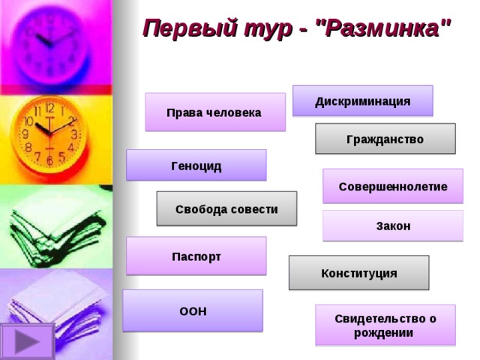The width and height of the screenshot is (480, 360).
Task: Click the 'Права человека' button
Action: (214, 112)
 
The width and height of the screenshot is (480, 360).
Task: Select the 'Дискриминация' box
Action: (362, 101)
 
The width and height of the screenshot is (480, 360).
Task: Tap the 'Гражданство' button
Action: (385, 139)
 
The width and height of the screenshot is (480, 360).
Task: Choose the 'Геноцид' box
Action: (196, 166)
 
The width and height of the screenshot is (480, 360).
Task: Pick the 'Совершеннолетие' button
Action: (392, 186)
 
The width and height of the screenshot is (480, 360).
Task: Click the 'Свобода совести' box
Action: (226, 209)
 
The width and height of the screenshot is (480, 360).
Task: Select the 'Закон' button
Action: (392, 226)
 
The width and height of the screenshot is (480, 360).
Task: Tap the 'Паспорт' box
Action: (196, 256)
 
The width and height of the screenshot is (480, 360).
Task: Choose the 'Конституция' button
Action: (358, 273)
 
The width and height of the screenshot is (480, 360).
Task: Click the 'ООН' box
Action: (193, 310)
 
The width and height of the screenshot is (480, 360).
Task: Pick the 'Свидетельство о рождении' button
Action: (385, 325)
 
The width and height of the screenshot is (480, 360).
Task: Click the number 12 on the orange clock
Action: (49, 109)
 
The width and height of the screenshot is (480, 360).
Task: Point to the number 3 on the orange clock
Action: (73, 135)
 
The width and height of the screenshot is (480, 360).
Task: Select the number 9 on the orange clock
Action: (25, 134)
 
